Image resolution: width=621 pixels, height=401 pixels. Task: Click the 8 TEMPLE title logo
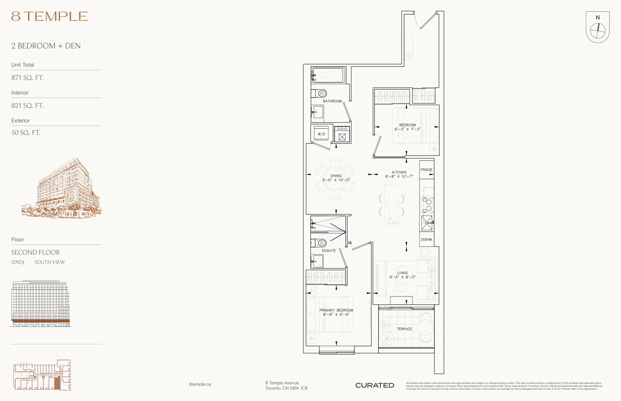49,16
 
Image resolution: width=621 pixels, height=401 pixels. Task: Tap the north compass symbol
597,31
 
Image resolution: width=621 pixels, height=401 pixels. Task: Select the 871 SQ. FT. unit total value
27,77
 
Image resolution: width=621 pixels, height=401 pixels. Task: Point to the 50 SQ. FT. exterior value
26,132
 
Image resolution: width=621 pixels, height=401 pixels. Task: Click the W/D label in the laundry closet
321,134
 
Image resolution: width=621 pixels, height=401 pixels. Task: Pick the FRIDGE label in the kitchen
426,170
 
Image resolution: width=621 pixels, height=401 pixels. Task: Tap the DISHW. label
427,239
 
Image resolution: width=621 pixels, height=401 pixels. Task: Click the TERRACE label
405,329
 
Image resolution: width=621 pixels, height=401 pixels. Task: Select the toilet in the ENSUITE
319,243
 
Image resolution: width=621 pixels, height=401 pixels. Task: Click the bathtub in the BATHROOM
328,75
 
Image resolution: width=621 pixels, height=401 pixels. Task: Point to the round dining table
335,179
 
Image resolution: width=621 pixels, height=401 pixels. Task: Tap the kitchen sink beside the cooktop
427,223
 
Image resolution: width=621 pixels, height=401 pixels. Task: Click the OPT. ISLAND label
392,221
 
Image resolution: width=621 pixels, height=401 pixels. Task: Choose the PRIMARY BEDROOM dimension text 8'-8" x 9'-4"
336,315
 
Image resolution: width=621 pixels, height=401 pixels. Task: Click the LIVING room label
402,273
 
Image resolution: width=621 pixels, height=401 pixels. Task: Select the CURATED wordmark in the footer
375,385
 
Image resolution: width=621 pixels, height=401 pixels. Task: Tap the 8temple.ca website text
200,384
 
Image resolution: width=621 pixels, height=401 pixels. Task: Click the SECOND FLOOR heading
35,252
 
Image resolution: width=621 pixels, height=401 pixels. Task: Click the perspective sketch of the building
62,188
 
